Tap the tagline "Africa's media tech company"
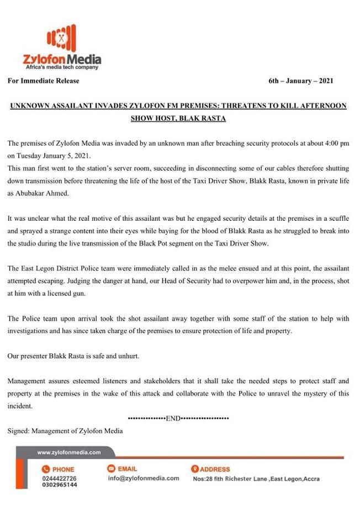click(61, 67)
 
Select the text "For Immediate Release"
click(44, 81)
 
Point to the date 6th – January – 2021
click(301, 81)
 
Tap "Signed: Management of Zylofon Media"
click(65, 431)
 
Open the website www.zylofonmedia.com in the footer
click(68, 453)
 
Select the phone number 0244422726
click(59, 478)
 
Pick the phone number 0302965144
click(59, 485)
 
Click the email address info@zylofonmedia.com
click(143, 478)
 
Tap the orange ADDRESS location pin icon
click(195, 469)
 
